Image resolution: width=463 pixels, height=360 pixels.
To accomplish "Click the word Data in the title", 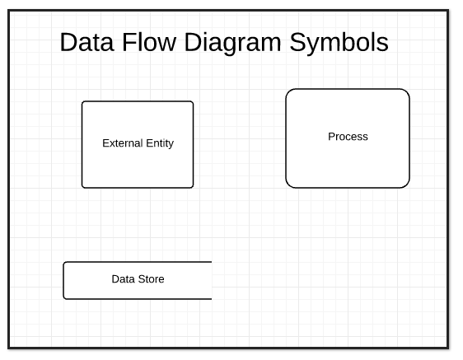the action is tap(87, 42).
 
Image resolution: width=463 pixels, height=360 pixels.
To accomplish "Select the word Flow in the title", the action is tap(149, 42).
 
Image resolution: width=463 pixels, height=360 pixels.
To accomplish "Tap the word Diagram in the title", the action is tap(232, 44).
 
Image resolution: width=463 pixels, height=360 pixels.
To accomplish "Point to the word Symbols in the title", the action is tap(339, 44).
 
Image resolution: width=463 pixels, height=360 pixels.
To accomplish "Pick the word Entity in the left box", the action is tap(160, 144).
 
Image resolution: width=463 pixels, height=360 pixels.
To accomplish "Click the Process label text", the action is tap(348, 137).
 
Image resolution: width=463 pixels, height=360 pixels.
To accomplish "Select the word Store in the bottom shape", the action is tap(151, 279).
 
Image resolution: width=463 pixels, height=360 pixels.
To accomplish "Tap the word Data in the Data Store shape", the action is tap(123, 279).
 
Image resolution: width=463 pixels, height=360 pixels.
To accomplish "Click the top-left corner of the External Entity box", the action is tap(82, 102).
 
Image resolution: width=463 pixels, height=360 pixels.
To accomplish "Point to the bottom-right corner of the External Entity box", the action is tap(193, 187).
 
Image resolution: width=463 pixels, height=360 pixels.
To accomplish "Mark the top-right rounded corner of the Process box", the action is tap(407, 91).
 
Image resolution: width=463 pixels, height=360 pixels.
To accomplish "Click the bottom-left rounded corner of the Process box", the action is tap(289, 185).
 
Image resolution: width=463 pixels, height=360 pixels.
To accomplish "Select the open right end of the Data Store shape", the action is tap(212, 281).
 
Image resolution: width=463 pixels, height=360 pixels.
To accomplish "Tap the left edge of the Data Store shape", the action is tap(63, 281).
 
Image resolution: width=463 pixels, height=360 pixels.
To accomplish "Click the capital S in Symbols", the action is tap(298, 42).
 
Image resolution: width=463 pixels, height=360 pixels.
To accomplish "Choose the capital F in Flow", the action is tap(129, 42).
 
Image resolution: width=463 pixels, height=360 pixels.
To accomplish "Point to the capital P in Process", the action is tap(331, 137).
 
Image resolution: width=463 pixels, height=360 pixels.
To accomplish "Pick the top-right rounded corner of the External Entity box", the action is tap(193, 102).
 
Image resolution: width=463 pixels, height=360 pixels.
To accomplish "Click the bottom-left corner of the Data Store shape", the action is tap(64, 298).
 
